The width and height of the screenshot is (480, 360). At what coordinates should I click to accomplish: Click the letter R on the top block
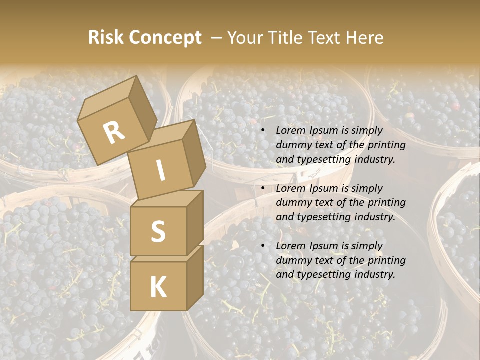click(x=114, y=133)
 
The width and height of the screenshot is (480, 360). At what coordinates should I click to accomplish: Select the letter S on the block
click(x=158, y=231)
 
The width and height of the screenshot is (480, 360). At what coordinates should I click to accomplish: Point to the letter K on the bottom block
click(x=158, y=287)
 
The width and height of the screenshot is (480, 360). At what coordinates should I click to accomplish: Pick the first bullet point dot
click(x=263, y=131)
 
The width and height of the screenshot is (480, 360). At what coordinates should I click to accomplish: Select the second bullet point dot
click(x=263, y=189)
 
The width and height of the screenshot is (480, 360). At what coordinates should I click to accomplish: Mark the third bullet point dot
click(x=263, y=246)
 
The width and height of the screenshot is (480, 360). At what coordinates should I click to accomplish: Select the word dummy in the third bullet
click(x=292, y=260)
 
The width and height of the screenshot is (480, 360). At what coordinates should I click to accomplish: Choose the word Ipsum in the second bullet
click(x=324, y=188)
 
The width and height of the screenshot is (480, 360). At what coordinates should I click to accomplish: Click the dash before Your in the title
click(x=217, y=38)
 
